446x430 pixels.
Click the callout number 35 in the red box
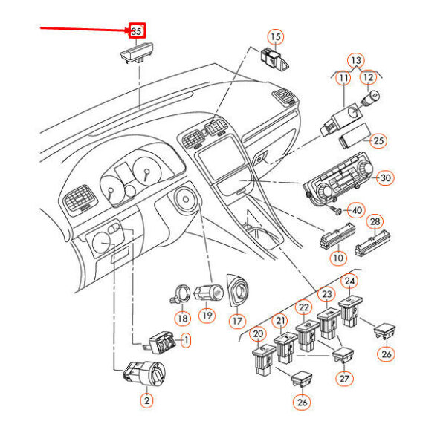[136, 31]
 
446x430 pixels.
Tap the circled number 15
[275, 36]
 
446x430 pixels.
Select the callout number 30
[384, 178]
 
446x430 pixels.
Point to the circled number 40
[358, 210]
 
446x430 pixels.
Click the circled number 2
[146, 400]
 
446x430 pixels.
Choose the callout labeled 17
[236, 322]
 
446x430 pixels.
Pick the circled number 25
[379, 140]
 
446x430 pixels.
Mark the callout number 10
[339, 258]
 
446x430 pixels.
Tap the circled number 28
[375, 222]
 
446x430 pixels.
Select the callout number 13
[356, 59]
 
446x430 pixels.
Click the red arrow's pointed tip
[128, 31]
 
